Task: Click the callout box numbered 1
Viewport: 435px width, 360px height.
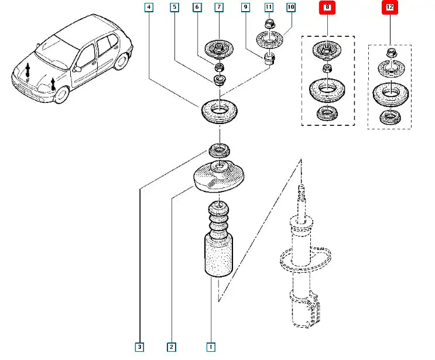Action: point(211,347)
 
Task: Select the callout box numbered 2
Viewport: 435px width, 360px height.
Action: point(171,347)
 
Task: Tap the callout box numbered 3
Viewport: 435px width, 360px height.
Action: point(139,347)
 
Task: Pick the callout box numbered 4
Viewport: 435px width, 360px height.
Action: point(149,8)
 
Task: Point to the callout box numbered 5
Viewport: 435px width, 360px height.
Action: point(174,8)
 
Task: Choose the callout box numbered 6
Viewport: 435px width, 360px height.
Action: point(197,8)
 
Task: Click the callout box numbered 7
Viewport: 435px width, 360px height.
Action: point(218,8)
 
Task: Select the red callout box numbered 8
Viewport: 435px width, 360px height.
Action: point(326,8)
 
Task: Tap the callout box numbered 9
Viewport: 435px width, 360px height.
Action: point(246,8)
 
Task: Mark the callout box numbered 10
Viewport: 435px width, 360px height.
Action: point(290,8)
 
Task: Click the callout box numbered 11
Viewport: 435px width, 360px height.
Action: point(268,8)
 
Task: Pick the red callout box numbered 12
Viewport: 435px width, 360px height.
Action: point(389,8)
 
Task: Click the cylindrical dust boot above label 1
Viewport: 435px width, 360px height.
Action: point(219,255)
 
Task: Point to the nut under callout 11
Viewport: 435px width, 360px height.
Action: point(269,25)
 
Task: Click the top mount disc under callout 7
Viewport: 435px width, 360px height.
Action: point(220,49)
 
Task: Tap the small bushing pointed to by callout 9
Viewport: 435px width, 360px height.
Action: point(270,59)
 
